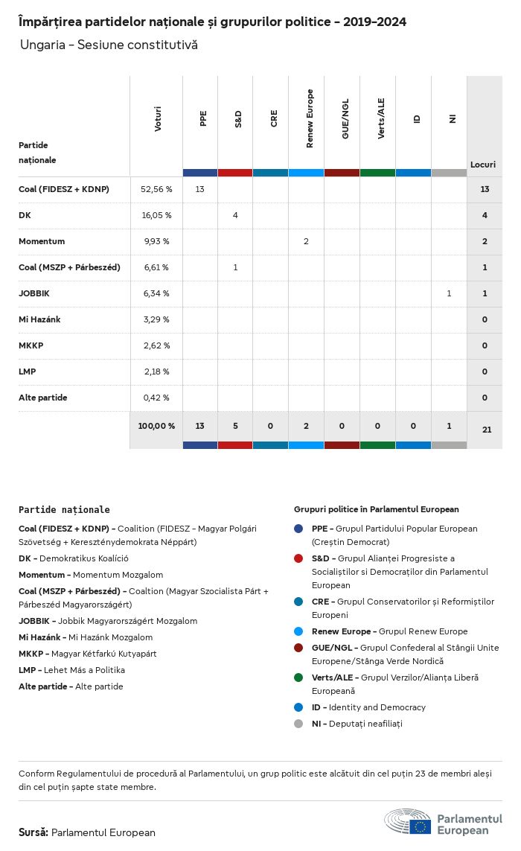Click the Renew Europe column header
[x=310, y=118]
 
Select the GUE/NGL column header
[x=345, y=118]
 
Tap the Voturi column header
[x=157, y=119]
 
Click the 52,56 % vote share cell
[x=156, y=189]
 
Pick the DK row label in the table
[x=25, y=215]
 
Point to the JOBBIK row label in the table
[x=33, y=293]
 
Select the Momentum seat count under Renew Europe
[x=306, y=241]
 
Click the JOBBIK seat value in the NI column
[x=449, y=293]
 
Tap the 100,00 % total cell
[x=156, y=426]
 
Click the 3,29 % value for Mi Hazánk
[x=156, y=319]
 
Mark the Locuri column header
[x=483, y=165]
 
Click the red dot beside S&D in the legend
[x=298, y=558]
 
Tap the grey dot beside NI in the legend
[x=298, y=724]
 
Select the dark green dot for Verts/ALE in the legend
[x=298, y=678]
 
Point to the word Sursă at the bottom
[x=33, y=832]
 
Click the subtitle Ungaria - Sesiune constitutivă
[x=109, y=45]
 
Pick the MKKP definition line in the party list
[x=88, y=654]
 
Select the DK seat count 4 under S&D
[x=235, y=215]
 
